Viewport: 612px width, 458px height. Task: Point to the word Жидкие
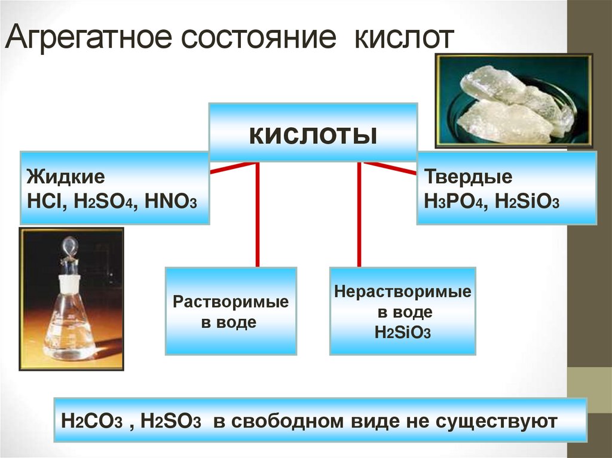pyautogui.click(x=66, y=177)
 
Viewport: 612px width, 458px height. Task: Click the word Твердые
pyautogui.click(x=468, y=177)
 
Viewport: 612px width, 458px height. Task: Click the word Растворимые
pyautogui.click(x=231, y=302)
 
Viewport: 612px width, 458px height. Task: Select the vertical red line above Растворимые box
pyautogui.click(x=258, y=215)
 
